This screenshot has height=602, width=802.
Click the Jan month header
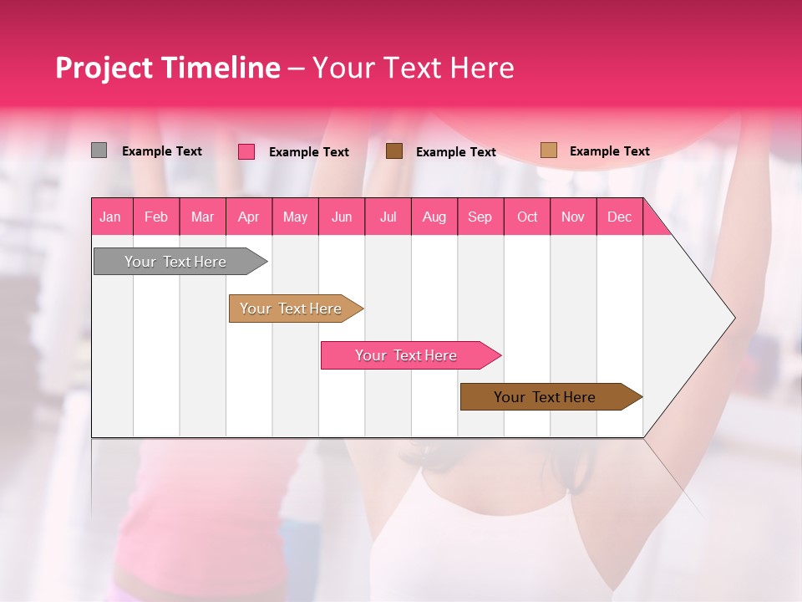coord(111,217)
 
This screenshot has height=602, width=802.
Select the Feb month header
coord(156,217)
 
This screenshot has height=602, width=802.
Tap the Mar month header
coord(202,217)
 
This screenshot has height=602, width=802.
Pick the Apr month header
coord(249,217)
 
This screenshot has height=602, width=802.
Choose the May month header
coord(295,217)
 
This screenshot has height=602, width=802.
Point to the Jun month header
coord(342,217)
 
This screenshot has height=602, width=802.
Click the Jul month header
coord(388,217)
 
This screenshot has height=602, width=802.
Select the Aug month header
coord(434,217)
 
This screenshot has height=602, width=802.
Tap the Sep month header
coord(480,217)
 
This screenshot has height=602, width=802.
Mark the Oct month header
coord(527,217)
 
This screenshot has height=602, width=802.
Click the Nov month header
coord(573,217)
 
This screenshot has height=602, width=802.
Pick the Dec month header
coord(620,217)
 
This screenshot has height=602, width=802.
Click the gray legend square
coord(99,150)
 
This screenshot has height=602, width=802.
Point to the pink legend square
coord(246,151)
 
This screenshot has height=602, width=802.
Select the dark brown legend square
coord(394,150)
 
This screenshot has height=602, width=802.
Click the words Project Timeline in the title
coord(168,68)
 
